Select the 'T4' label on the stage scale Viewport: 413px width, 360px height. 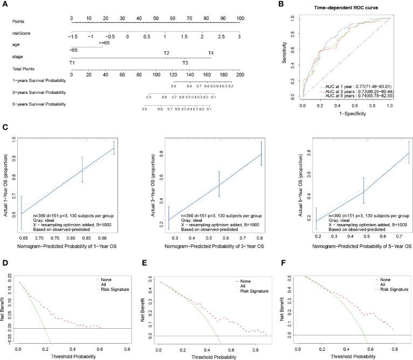(x=211, y=53)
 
